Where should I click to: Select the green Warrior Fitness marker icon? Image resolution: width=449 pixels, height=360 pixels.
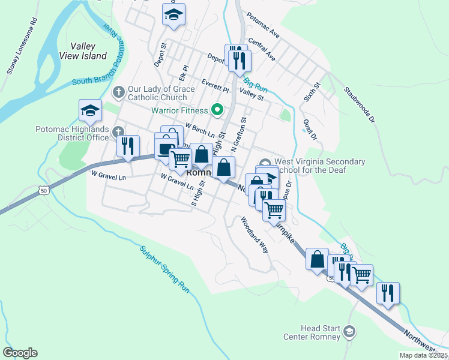[218, 110]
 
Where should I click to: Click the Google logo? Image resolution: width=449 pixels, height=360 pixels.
[20, 353]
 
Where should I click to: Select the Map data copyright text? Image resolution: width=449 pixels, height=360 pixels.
[423, 355]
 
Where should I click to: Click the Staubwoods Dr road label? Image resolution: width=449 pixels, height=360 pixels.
[359, 106]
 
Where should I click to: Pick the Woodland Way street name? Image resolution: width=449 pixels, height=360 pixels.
[255, 234]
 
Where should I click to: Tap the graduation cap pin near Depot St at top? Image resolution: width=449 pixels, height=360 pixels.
[174, 15]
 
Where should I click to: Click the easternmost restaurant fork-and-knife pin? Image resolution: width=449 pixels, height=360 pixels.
[388, 293]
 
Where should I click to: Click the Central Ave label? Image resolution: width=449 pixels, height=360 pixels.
[261, 51]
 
